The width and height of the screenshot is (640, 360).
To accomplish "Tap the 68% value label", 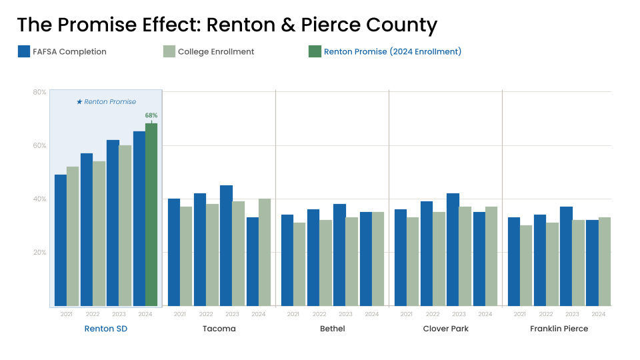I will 151,115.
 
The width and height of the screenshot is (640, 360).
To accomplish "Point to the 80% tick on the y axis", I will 39,92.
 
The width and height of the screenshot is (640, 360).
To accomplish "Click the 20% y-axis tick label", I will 39,252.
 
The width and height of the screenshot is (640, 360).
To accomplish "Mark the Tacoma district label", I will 219,329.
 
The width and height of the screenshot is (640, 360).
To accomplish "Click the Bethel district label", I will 332,329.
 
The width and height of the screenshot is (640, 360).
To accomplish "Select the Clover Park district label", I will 445,329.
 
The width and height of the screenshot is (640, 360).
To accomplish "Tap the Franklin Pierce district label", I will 559,329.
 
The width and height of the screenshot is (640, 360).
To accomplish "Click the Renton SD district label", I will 105,329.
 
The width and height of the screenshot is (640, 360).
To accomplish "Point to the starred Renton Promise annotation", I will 106,102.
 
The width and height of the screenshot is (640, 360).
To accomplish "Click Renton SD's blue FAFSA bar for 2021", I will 61,240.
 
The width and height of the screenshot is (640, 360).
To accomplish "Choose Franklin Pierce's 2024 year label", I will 598,314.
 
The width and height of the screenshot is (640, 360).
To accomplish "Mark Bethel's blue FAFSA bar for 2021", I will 287,260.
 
